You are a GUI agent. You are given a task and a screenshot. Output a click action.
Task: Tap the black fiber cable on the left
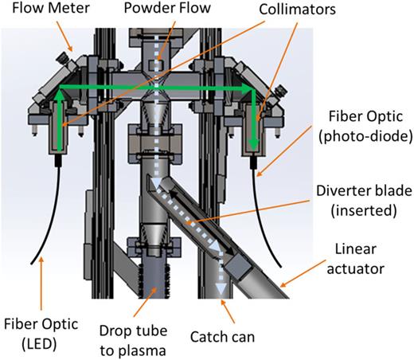48,215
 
